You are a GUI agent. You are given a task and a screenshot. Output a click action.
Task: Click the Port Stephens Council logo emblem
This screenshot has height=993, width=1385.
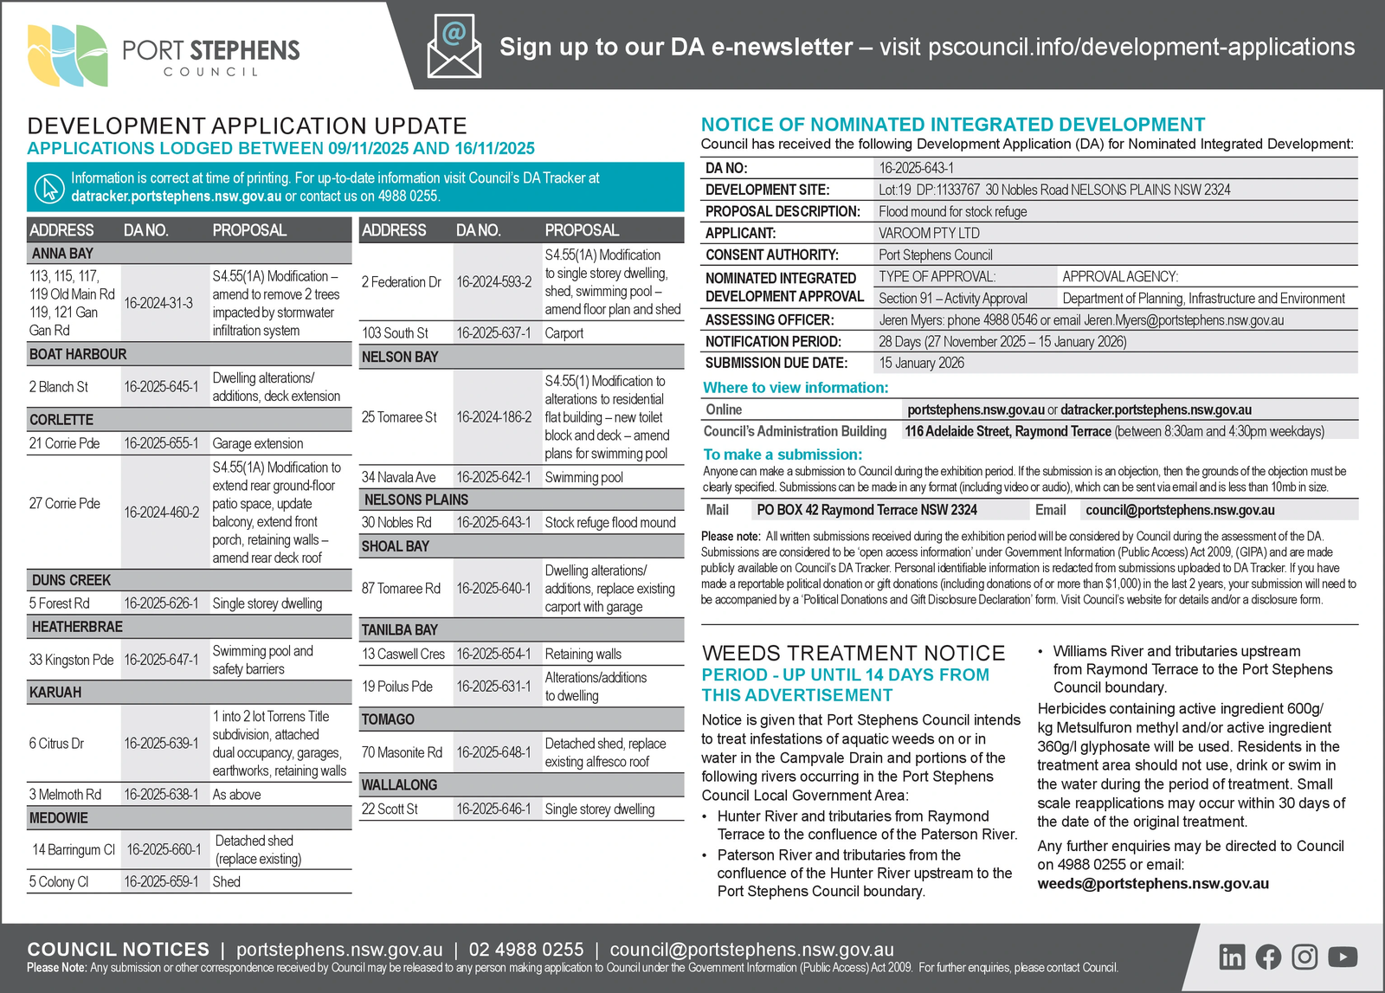tap(68, 55)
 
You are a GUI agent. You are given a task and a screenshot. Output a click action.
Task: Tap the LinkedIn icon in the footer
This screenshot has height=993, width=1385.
tap(1232, 957)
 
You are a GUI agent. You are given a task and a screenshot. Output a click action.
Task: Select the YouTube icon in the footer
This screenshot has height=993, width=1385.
tap(1342, 957)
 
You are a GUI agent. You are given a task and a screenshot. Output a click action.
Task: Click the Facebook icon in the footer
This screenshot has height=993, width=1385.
tap(1268, 957)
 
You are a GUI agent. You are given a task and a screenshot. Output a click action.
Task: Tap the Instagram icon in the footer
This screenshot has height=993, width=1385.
tap(1304, 957)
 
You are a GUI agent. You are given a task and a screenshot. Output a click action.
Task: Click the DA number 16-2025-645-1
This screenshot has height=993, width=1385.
tap(161, 387)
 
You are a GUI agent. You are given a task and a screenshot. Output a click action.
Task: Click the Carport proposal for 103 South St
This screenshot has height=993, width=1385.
tap(564, 333)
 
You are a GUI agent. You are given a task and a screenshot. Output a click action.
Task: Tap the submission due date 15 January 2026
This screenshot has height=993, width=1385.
tap(921, 363)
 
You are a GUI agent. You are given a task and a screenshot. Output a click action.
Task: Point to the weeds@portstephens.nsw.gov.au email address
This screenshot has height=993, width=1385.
tap(1153, 884)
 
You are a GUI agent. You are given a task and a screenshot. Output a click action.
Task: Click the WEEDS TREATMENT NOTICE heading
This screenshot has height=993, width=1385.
tap(854, 653)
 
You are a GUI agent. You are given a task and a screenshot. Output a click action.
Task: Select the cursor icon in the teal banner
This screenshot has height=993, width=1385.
tap(49, 187)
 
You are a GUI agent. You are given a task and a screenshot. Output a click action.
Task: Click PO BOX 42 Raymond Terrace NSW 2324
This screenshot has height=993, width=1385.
tap(866, 510)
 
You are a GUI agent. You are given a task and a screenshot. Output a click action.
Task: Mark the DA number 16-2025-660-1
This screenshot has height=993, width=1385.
tap(164, 850)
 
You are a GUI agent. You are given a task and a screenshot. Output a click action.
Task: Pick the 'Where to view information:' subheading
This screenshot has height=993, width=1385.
tap(796, 388)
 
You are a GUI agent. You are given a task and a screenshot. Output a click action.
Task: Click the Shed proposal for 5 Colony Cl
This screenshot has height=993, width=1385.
tap(227, 882)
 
